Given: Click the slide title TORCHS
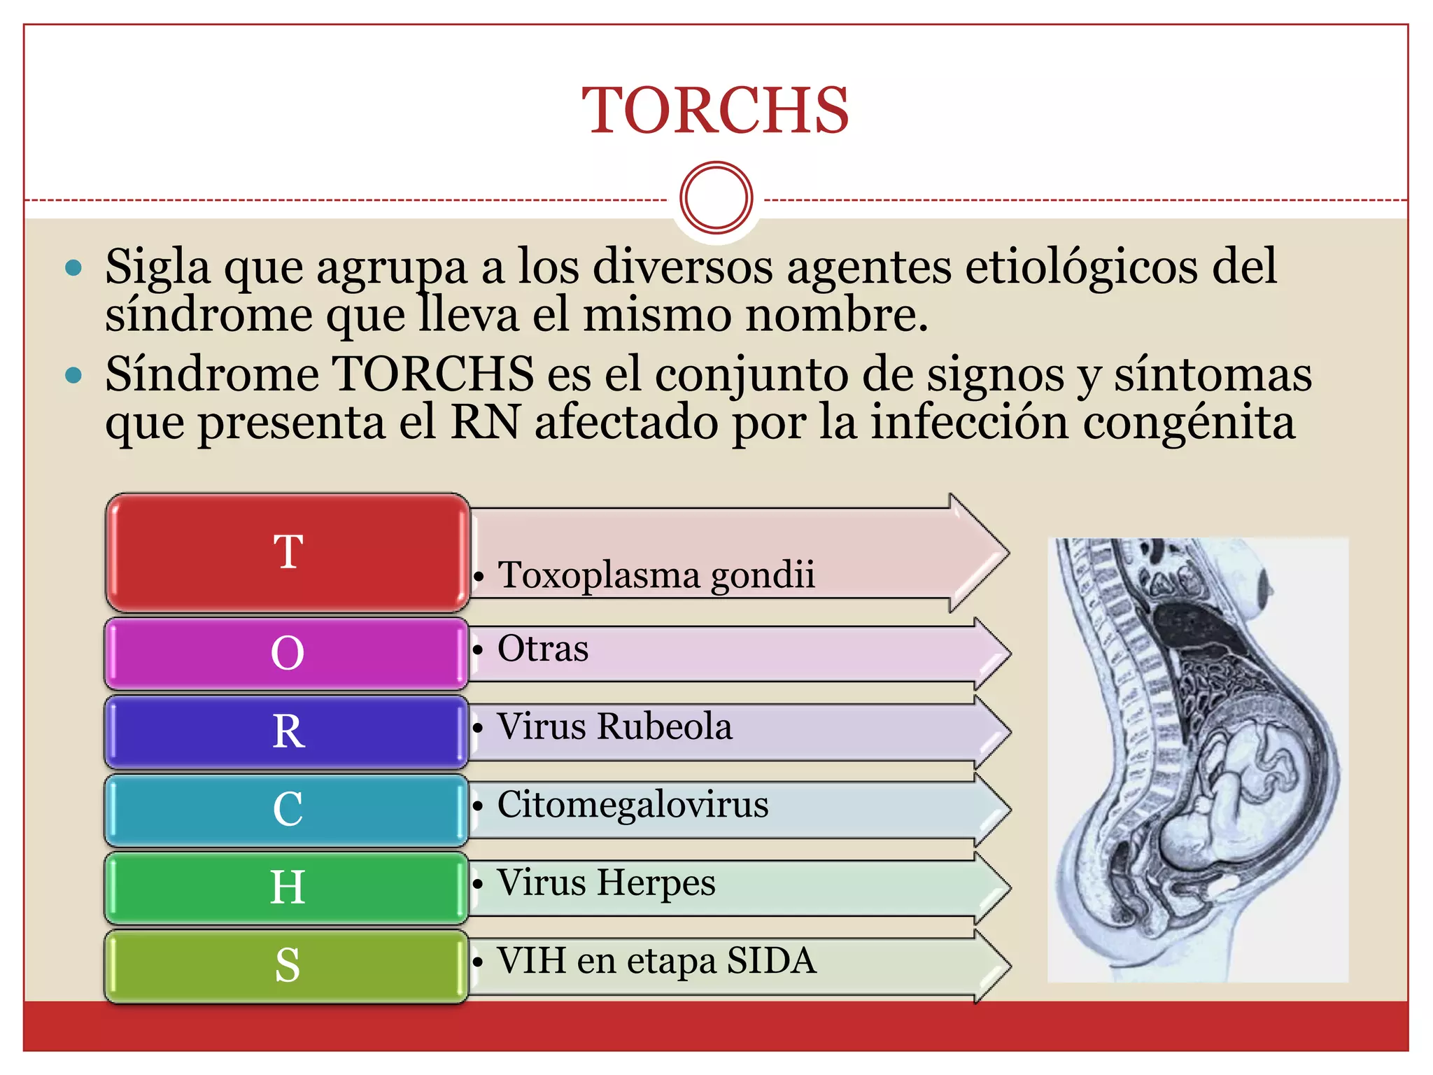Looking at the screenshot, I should tap(715, 111).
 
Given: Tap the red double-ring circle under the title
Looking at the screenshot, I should tap(716, 197).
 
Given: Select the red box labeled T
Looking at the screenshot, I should tap(287, 552).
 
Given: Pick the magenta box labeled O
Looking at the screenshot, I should tap(287, 653).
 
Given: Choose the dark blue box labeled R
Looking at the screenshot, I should tap(287, 731).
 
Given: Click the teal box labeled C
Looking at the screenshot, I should tap(287, 810).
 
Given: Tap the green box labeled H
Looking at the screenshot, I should tap(287, 887).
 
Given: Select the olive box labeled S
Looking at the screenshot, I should tap(287, 966).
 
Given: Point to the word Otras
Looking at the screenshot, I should tap(543, 648).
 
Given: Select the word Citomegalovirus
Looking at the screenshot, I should tap(633, 804).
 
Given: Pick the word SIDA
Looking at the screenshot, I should tap(771, 960).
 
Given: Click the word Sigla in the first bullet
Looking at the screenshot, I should tap(157, 267).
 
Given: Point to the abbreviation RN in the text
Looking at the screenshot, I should tap(486, 423).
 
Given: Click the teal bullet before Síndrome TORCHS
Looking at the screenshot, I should tap(73, 376).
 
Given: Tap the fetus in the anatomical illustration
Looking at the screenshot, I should tap(1231, 791).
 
